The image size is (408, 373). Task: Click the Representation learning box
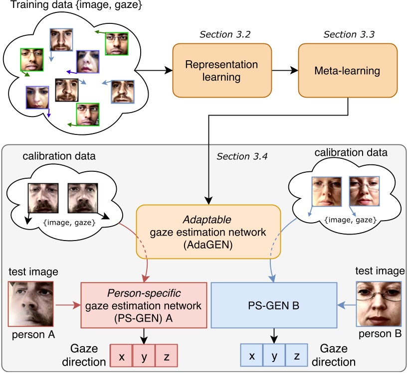[x=222, y=70]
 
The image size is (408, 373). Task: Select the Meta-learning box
[x=348, y=70]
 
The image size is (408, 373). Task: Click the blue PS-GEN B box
[x=274, y=305]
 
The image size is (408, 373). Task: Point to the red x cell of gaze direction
[x=121, y=357]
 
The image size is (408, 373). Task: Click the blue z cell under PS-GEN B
[x=296, y=357]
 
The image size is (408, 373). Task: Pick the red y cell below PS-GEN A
[x=144, y=357]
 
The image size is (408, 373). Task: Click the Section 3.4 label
[x=242, y=157]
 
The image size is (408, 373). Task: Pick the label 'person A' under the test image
[x=30, y=335]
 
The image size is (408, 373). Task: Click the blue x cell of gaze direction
[x=252, y=357]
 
